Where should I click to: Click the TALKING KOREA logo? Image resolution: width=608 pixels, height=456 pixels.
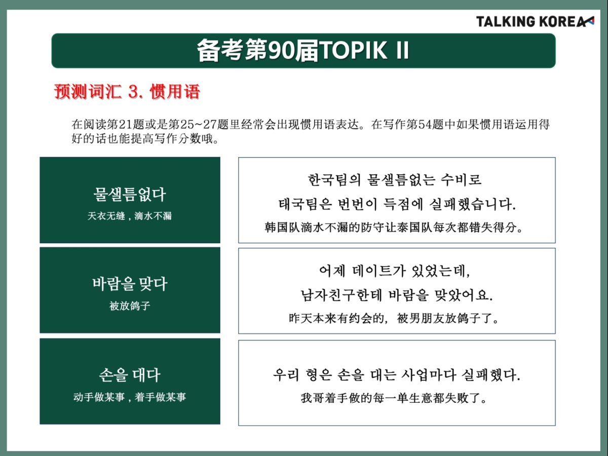(x=535, y=22)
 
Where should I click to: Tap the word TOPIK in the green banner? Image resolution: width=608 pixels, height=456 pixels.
(x=354, y=50)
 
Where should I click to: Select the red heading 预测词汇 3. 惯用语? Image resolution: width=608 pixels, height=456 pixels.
(x=127, y=91)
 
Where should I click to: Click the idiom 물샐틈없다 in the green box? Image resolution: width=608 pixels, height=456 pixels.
(x=130, y=195)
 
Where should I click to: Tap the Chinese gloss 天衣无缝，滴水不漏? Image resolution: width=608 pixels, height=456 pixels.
(x=130, y=216)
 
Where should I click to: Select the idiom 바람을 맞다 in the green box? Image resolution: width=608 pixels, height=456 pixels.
(x=130, y=284)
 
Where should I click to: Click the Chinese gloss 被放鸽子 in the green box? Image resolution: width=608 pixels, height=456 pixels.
(x=130, y=306)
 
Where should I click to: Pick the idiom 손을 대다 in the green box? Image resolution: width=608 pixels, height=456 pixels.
(x=130, y=375)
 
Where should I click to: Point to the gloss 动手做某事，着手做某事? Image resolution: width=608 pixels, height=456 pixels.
(x=130, y=397)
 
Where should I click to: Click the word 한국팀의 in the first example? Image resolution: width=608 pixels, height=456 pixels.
(x=334, y=180)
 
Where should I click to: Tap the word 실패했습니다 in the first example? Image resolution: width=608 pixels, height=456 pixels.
(x=473, y=204)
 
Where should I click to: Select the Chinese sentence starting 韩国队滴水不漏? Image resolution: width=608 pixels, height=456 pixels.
(x=394, y=227)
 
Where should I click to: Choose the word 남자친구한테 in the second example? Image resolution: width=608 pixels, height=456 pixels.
(x=341, y=295)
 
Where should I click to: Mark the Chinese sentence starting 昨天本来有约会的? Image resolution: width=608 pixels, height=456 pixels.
(x=394, y=318)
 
